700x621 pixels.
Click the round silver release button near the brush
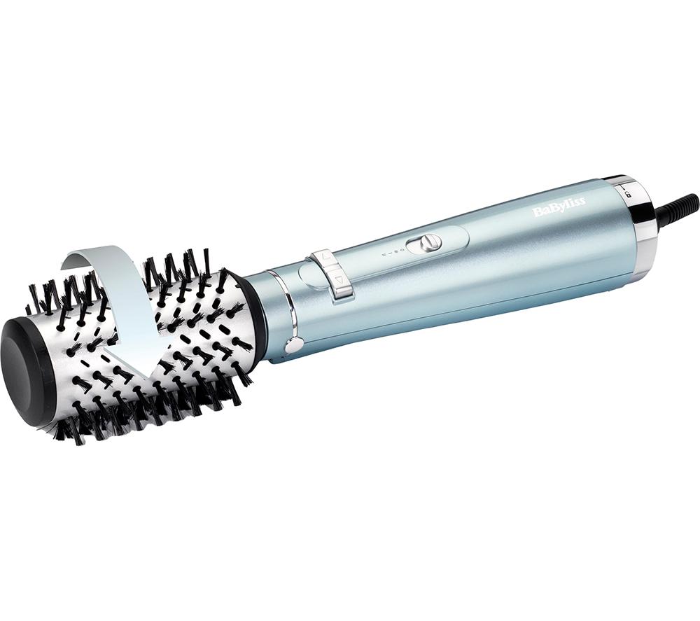(x=293, y=344)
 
